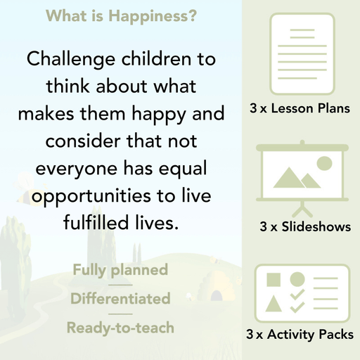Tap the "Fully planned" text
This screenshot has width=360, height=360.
[x=120, y=269]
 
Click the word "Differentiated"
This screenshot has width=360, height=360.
[x=120, y=298]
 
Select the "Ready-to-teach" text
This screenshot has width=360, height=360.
[x=120, y=327]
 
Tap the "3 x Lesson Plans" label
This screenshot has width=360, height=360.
[x=300, y=109]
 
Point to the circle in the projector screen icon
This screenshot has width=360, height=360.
[x=323, y=164]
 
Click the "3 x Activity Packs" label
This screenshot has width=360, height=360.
[x=300, y=335]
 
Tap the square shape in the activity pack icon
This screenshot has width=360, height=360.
[x=274, y=279]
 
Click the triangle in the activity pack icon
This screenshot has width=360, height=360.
[x=274, y=304]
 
